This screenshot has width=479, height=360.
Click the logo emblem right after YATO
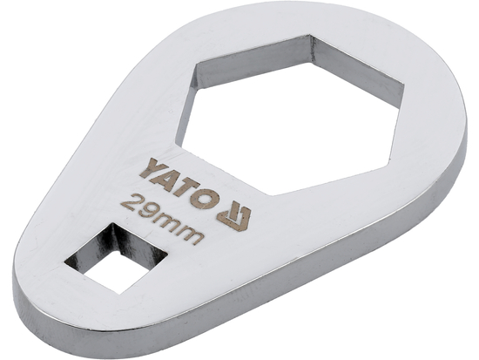(x=233, y=212)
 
